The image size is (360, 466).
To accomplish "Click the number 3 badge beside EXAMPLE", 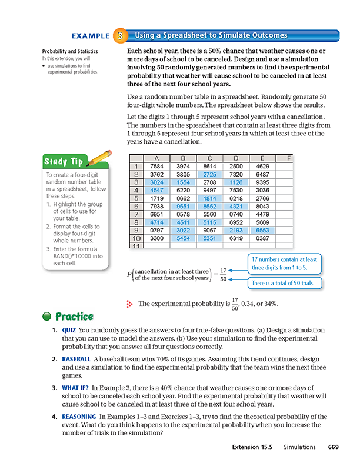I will [120, 35].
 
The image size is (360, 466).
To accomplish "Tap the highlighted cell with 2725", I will [210, 175].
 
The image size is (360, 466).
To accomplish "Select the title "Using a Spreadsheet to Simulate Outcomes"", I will [203, 35].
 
